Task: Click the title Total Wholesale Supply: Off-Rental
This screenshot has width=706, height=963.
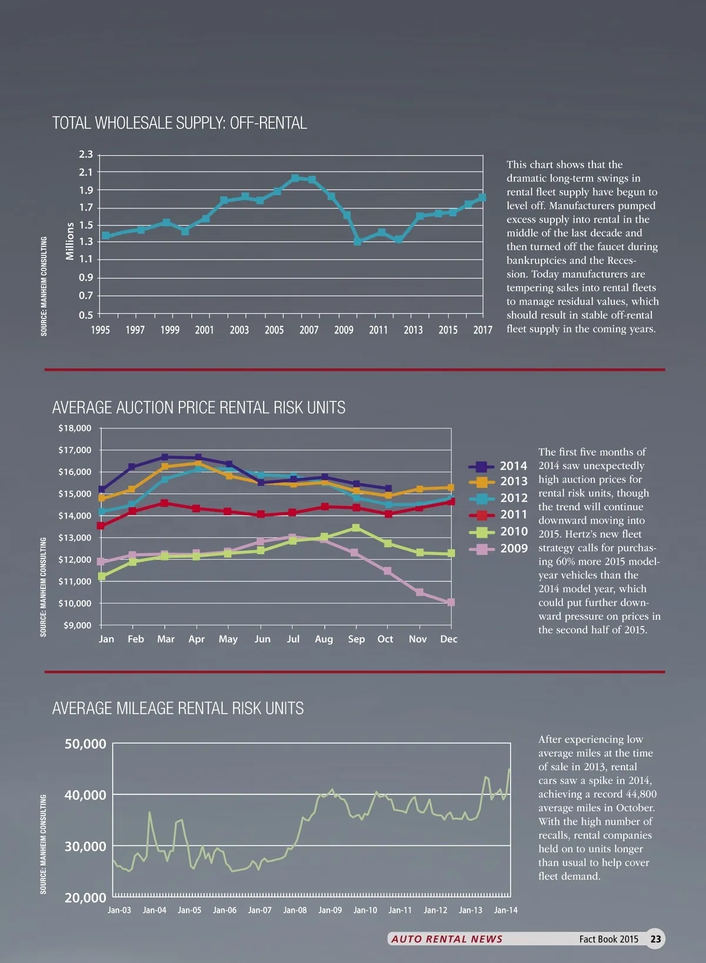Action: (179, 123)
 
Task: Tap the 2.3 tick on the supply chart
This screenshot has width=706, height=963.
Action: (86, 155)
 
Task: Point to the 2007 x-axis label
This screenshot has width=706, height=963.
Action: (309, 330)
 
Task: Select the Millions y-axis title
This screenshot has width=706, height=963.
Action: (70, 241)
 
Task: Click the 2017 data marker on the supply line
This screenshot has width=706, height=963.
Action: (482, 198)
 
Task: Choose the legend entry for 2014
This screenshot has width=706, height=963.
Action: (498, 466)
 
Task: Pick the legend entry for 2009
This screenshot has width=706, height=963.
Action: (498, 549)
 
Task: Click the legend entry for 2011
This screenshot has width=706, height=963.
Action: (498, 515)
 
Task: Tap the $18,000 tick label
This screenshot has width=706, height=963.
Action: (75, 428)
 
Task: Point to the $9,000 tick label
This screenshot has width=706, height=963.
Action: (77, 625)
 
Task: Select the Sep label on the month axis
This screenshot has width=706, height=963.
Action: (356, 639)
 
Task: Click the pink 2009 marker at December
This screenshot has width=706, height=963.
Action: (451, 602)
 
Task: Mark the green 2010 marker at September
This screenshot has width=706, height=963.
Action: (355, 528)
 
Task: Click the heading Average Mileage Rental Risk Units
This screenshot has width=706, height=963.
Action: (178, 708)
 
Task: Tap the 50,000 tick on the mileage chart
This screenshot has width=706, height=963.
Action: (85, 744)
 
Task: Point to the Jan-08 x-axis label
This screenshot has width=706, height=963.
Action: (295, 910)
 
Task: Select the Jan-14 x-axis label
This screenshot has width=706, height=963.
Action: (505, 910)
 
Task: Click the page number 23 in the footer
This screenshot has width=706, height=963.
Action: (655, 939)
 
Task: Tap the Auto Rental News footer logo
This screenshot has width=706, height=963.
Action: (447, 939)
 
